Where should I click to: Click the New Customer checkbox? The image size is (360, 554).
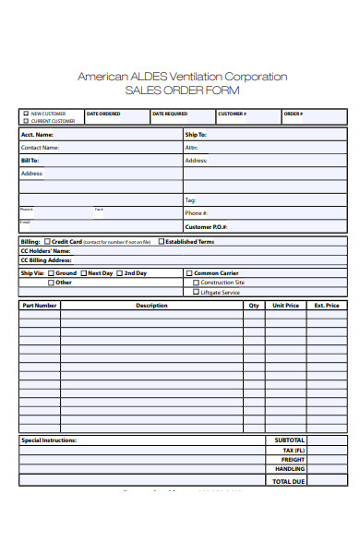click(x=26, y=114)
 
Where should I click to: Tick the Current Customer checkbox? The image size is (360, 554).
click(x=26, y=121)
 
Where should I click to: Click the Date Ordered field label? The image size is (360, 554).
click(x=102, y=114)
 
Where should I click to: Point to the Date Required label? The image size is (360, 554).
click(x=170, y=114)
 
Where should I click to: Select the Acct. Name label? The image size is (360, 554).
click(x=37, y=135)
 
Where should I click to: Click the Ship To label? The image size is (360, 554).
click(x=196, y=135)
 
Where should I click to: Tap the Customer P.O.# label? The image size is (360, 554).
click(x=206, y=226)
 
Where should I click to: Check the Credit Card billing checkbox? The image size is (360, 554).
click(x=47, y=242)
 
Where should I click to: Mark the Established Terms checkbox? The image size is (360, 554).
click(x=162, y=242)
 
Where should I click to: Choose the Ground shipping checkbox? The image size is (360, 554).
click(x=51, y=273)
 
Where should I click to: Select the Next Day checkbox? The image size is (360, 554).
click(x=83, y=273)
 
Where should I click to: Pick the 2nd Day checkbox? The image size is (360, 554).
click(x=119, y=273)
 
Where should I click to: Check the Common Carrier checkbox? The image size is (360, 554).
click(x=189, y=273)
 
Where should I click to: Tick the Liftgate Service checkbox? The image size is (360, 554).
click(x=196, y=292)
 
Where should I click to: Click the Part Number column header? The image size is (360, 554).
click(x=40, y=305)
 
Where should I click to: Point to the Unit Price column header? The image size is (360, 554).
click(x=285, y=305)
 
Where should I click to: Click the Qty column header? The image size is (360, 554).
click(x=254, y=305)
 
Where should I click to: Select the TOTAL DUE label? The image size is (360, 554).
click(x=289, y=480)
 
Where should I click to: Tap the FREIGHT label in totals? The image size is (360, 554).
click(x=293, y=460)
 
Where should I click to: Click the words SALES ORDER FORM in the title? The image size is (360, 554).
click(x=181, y=90)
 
